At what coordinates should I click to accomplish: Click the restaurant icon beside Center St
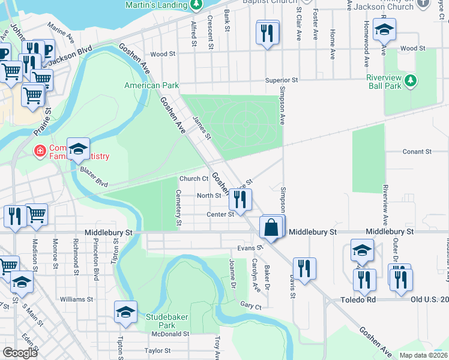pos(240,200)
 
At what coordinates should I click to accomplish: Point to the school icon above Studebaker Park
pos(125,313)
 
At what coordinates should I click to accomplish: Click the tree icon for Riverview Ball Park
pos(411,80)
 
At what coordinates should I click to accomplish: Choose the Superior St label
pos(282,80)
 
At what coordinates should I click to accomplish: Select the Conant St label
pos(417,152)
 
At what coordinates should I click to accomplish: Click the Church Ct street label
pos(194,179)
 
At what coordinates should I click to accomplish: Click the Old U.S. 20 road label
pos(429,299)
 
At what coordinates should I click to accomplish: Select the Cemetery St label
pos(178,208)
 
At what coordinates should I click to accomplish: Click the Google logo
pos(20,352)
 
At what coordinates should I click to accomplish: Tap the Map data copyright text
pos(423,355)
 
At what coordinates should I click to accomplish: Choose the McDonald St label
pos(170,334)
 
